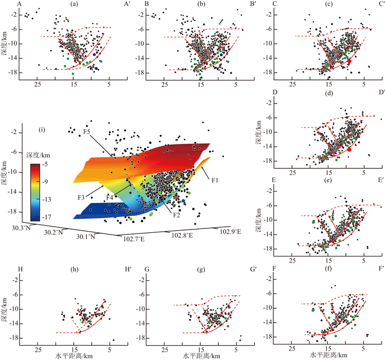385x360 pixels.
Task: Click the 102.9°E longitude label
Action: coord(229,232)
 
